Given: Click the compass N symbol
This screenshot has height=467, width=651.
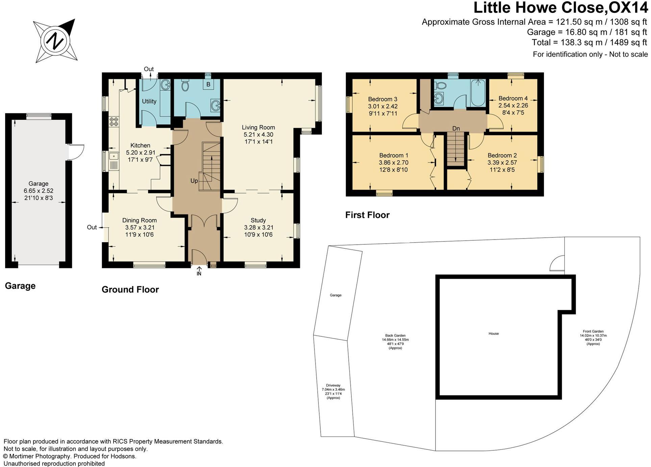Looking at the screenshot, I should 55,40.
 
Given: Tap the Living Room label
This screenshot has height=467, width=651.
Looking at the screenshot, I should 258,128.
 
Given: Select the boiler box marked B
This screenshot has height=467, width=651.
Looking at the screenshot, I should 208,84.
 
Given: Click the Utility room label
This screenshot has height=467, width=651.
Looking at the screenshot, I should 149,101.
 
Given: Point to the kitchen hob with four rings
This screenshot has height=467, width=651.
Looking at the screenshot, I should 114,121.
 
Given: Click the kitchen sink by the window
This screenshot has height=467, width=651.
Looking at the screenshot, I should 114,161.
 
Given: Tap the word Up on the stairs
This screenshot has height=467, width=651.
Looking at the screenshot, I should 194,181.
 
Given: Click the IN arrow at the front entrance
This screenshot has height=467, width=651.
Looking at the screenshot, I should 199,271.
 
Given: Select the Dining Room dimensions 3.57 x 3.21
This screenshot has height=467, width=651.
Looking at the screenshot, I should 140,227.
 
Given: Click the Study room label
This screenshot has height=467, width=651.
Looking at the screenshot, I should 258,220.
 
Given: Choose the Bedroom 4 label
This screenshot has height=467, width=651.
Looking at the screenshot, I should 513,99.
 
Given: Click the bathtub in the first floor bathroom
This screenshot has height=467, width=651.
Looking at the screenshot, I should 477,93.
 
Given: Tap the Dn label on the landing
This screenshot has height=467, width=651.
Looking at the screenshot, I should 456,129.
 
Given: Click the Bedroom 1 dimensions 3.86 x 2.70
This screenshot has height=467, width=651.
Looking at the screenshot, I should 394,163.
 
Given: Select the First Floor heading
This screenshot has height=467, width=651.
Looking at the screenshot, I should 367,215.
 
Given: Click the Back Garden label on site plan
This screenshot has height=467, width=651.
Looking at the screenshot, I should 395,336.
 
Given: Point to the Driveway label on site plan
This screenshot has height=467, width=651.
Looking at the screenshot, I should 333,385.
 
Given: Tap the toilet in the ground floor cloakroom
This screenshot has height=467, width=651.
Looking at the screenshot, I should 185,86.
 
